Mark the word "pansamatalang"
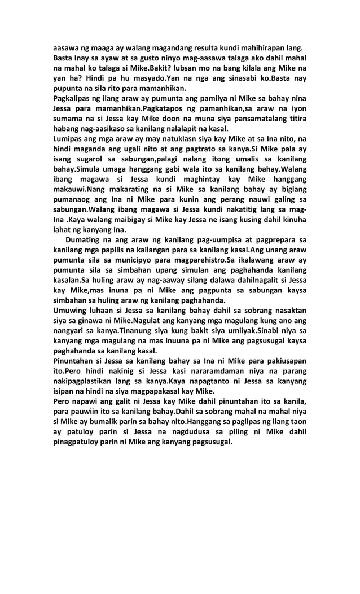point(253,120)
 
